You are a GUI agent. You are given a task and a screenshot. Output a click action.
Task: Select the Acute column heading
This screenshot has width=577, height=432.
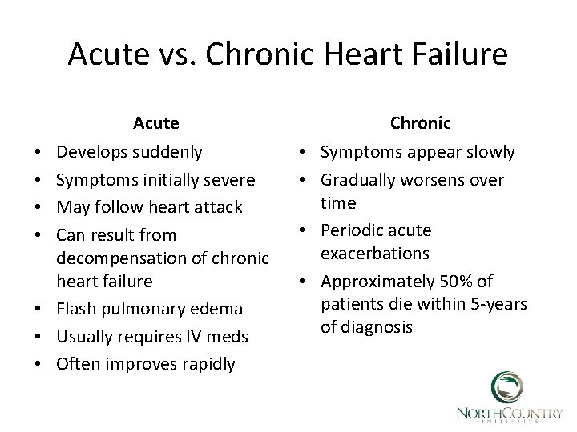(156, 123)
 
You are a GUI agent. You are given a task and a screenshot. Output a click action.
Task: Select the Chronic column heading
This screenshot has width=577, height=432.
(421, 123)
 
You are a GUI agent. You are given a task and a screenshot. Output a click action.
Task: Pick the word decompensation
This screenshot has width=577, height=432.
(115, 258)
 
